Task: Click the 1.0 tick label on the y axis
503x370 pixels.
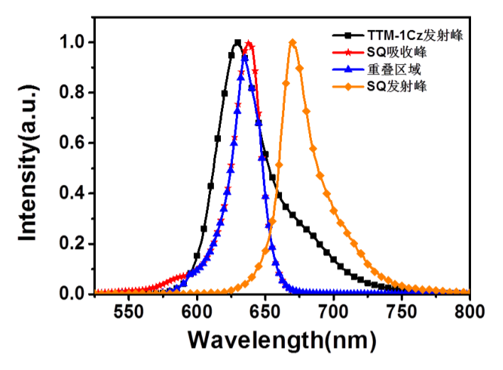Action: tap(74, 43)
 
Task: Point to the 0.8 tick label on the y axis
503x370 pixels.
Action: tap(74, 92)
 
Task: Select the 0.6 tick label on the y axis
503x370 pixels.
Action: tap(74, 143)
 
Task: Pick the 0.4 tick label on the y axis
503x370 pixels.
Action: tap(74, 194)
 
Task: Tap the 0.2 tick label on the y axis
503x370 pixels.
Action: tap(74, 243)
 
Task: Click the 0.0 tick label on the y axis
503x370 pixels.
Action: tap(74, 293)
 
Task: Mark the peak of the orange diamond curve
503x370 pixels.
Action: tap(293, 42)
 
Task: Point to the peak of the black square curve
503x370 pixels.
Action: tap(237, 42)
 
